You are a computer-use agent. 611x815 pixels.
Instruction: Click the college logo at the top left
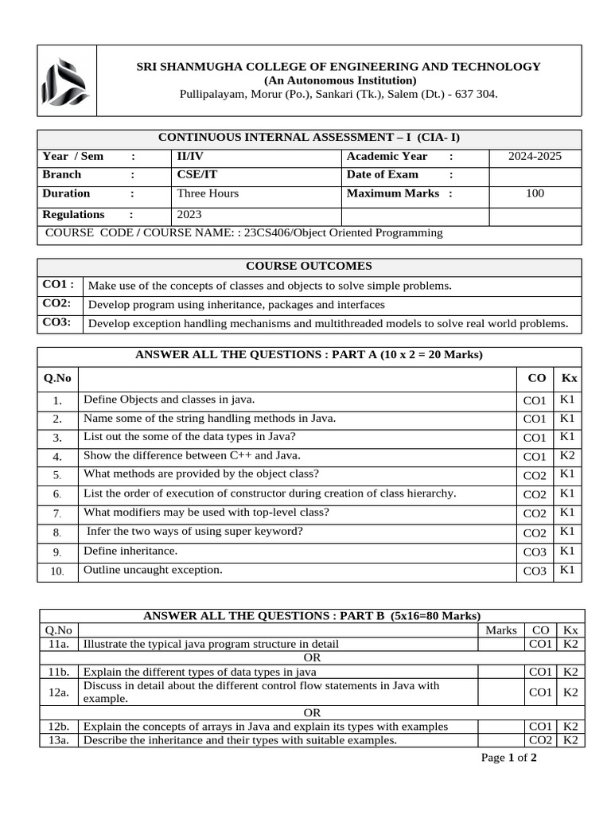tap(67, 80)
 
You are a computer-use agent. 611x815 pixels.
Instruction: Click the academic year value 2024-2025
tap(535, 156)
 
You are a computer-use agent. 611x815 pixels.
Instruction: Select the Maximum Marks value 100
tap(535, 193)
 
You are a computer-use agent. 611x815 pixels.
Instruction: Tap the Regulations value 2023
tap(189, 215)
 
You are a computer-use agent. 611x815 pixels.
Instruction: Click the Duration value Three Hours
tap(207, 193)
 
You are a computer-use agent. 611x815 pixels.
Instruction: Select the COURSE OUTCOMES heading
tap(309, 267)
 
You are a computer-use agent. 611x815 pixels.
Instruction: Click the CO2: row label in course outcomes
tap(57, 304)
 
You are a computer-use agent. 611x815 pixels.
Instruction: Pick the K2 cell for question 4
tap(567, 456)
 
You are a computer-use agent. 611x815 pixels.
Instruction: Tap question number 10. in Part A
tap(57, 571)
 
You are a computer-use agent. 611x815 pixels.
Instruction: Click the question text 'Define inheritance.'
tap(130, 551)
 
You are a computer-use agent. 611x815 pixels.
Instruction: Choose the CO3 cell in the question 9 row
tap(535, 552)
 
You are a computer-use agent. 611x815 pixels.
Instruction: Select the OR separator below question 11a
tap(312, 658)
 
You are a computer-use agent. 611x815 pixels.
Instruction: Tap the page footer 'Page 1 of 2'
tap(509, 758)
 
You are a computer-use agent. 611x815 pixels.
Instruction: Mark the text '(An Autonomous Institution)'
tap(340, 80)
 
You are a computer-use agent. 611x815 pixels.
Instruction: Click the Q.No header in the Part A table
tap(57, 378)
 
